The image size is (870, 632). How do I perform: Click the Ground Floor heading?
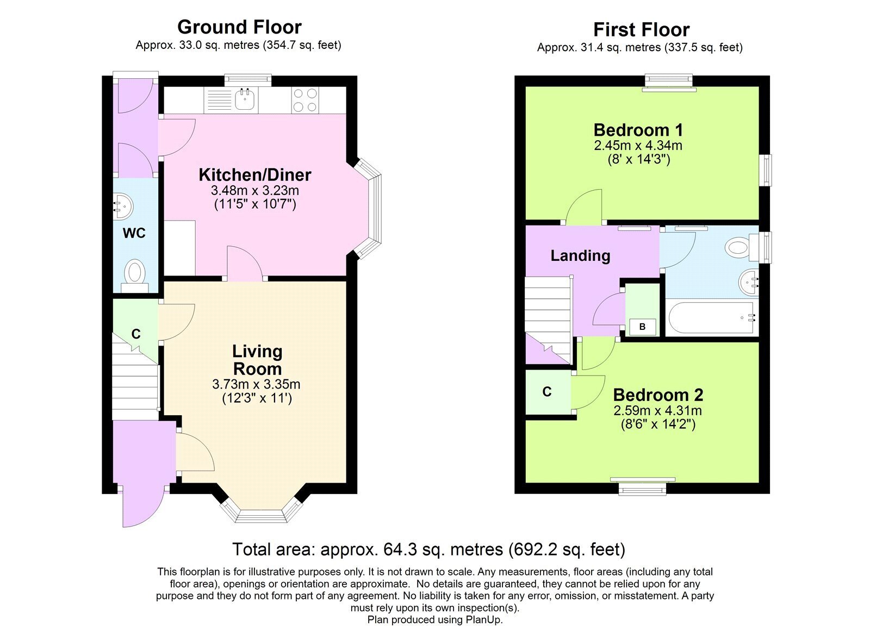tap(239, 27)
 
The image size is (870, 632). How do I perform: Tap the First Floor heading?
tap(642, 30)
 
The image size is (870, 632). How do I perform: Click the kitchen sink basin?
tap(245, 99)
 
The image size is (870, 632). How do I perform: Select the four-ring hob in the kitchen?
tap(305, 100)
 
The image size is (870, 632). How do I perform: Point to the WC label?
tap(134, 233)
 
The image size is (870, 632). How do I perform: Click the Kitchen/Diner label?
tap(255, 175)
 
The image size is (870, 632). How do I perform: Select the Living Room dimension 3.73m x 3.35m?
tap(256, 384)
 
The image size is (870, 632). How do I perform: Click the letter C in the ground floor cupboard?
tap(136, 334)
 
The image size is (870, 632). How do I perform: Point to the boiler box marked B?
tap(642, 327)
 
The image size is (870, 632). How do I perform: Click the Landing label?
tap(580, 256)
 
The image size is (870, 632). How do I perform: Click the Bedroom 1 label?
tap(638, 130)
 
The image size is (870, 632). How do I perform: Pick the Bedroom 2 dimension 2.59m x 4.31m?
tap(657, 411)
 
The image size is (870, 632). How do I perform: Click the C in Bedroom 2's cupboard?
tap(547, 392)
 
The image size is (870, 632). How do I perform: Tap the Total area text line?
tap(429, 549)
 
